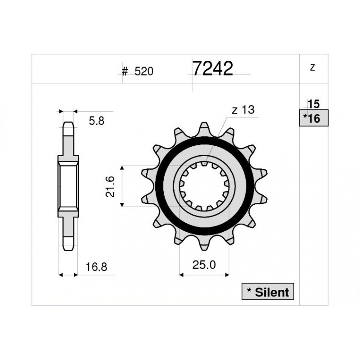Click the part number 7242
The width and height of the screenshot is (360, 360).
(x=212, y=68)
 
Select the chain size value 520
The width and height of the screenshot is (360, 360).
(x=144, y=72)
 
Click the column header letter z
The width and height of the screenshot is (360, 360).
(x=313, y=67)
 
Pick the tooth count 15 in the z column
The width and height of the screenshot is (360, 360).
(x=313, y=104)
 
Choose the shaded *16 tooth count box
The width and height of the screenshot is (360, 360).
(x=314, y=118)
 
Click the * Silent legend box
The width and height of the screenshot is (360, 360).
(x=268, y=292)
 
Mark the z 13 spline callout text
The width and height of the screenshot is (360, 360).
(x=243, y=110)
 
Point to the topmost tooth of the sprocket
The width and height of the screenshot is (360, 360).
(x=204, y=127)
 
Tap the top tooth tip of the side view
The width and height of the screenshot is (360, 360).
(x=68, y=126)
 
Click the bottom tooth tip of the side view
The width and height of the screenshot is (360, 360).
(x=68, y=246)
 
